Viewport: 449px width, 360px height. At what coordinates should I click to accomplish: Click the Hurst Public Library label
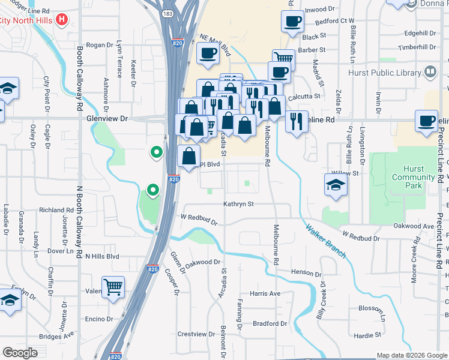click(x=385, y=73)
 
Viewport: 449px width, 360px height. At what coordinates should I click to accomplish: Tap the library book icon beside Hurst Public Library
click(x=430, y=73)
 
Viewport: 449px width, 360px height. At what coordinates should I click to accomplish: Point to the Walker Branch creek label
click(x=325, y=241)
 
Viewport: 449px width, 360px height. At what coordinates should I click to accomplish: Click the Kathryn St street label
click(x=239, y=205)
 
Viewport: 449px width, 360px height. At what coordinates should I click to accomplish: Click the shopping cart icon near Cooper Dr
click(x=113, y=287)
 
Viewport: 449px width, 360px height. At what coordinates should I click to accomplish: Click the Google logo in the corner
click(x=20, y=352)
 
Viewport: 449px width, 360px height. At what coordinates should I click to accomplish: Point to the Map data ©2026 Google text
click(x=411, y=355)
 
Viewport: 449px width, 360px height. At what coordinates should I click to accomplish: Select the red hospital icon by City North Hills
click(x=61, y=20)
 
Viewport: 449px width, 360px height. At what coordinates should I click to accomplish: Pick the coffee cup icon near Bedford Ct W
click(x=292, y=22)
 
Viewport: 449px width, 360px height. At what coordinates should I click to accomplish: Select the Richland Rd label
click(x=56, y=211)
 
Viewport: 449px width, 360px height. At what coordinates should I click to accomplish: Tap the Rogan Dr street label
click(x=100, y=45)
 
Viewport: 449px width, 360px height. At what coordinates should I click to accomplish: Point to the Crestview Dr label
click(x=196, y=334)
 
